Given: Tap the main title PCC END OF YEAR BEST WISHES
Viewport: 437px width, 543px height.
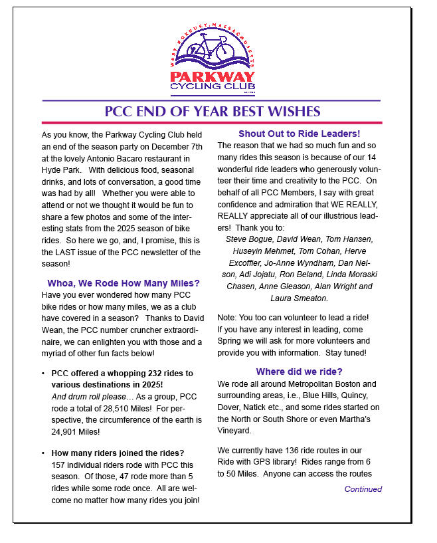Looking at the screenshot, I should [x=213, y=112].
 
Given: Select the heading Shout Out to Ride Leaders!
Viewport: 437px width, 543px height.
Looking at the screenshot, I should [x=299, y=134].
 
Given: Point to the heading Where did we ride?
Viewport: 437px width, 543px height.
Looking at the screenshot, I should [x=299, y=372].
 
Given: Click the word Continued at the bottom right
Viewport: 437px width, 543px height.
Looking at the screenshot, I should [x=363, y=489].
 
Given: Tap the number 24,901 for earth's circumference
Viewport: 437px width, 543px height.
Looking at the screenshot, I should [x=64, y=432].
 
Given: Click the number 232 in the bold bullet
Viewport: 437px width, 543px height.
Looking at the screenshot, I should [x=149, y=374].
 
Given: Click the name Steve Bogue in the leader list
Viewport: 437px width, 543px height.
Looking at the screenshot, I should [x=249, y=239].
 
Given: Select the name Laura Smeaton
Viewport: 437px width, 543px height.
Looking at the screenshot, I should [x=299, y=298].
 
